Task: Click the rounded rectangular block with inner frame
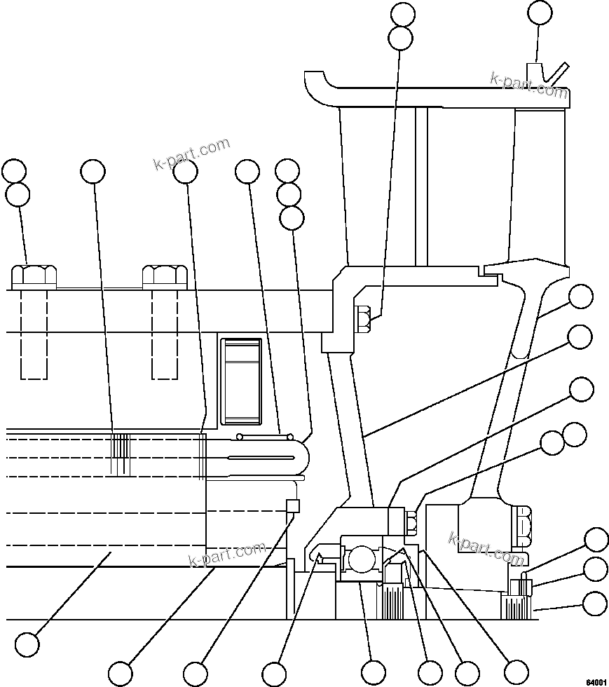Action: (241, 381)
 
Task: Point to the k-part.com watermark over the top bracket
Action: (528, 85)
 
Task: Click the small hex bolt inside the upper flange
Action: (363, 318)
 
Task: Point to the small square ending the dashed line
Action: (293, 505)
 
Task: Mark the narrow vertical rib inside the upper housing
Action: (420, 186)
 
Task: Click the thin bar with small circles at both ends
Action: (265, 436)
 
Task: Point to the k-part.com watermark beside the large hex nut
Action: (486, 548)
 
